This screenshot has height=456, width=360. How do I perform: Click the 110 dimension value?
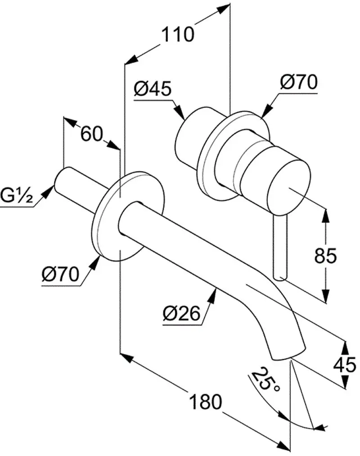pos(177,34)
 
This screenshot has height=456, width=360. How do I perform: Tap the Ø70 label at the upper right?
pos(299,82)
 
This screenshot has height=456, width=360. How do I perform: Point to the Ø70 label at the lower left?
pos(60,274)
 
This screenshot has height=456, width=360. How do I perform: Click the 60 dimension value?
pos(92,134)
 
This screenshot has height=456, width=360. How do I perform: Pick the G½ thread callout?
pos(16,195)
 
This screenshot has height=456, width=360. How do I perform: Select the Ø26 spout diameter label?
pos(182,313)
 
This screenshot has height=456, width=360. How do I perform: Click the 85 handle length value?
pos(325,256)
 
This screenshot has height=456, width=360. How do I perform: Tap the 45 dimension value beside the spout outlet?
pos(345,365)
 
